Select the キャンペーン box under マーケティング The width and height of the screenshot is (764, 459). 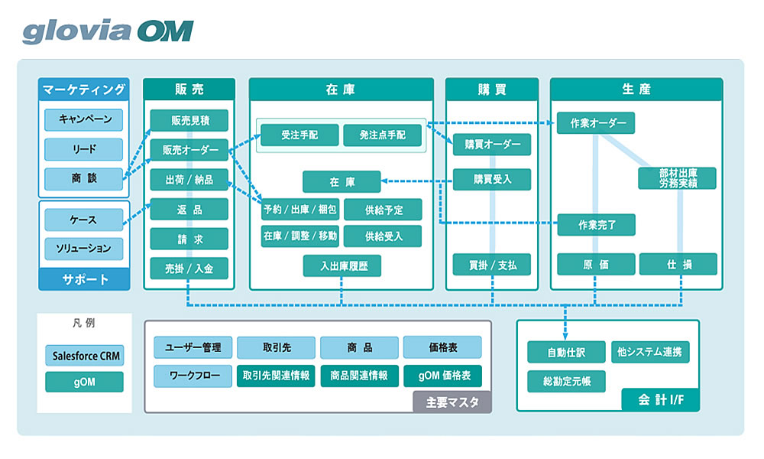coord(83,119)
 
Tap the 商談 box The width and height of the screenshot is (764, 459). coord(83,178)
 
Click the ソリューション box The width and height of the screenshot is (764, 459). coord(83,249)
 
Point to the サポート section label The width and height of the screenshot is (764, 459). coord(83,279)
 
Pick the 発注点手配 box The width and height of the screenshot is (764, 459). coord(384,135)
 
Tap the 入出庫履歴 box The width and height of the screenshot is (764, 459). coord(342,265)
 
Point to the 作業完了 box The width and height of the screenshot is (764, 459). coord(597,224)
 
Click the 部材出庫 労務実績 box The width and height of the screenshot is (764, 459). coord(678,178)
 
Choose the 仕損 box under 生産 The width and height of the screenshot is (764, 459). coord(678,265)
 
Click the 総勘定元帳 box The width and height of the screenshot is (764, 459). coord(566,380)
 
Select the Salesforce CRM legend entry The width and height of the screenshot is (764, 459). coord(83,356)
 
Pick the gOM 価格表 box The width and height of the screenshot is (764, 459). coord(442,376)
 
